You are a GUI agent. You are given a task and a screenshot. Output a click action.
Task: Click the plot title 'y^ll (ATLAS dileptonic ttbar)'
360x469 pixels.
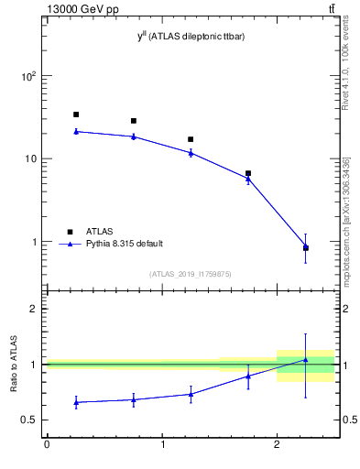tap(190, 36)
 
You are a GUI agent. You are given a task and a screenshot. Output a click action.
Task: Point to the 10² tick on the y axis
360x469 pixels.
tap(29, 76)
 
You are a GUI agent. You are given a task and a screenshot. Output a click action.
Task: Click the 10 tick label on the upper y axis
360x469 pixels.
tap(31, 158)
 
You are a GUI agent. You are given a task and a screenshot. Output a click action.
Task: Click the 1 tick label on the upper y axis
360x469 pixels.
tap(35, 242)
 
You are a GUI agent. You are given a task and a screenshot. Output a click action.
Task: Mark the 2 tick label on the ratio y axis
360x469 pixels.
tap(35, 309)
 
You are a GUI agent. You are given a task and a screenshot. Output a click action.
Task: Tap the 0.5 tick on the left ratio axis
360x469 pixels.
tap(31, 420)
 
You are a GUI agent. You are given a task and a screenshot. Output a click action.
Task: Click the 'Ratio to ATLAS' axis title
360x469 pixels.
tap(14, 365)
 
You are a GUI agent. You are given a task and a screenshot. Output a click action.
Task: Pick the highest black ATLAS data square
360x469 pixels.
tap(76, 115)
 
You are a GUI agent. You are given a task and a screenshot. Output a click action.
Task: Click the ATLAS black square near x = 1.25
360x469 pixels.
tap(191, 139)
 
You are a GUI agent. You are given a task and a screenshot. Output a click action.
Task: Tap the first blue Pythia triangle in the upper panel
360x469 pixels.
tap(76, 131)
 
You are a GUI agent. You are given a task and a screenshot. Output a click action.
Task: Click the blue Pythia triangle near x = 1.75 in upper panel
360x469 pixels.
tap(248, 179)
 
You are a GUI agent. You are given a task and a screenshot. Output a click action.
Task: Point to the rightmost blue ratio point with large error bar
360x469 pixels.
tap(305, 360)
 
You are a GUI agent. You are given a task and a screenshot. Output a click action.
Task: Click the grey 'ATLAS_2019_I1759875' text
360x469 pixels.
tap(191, 274)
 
